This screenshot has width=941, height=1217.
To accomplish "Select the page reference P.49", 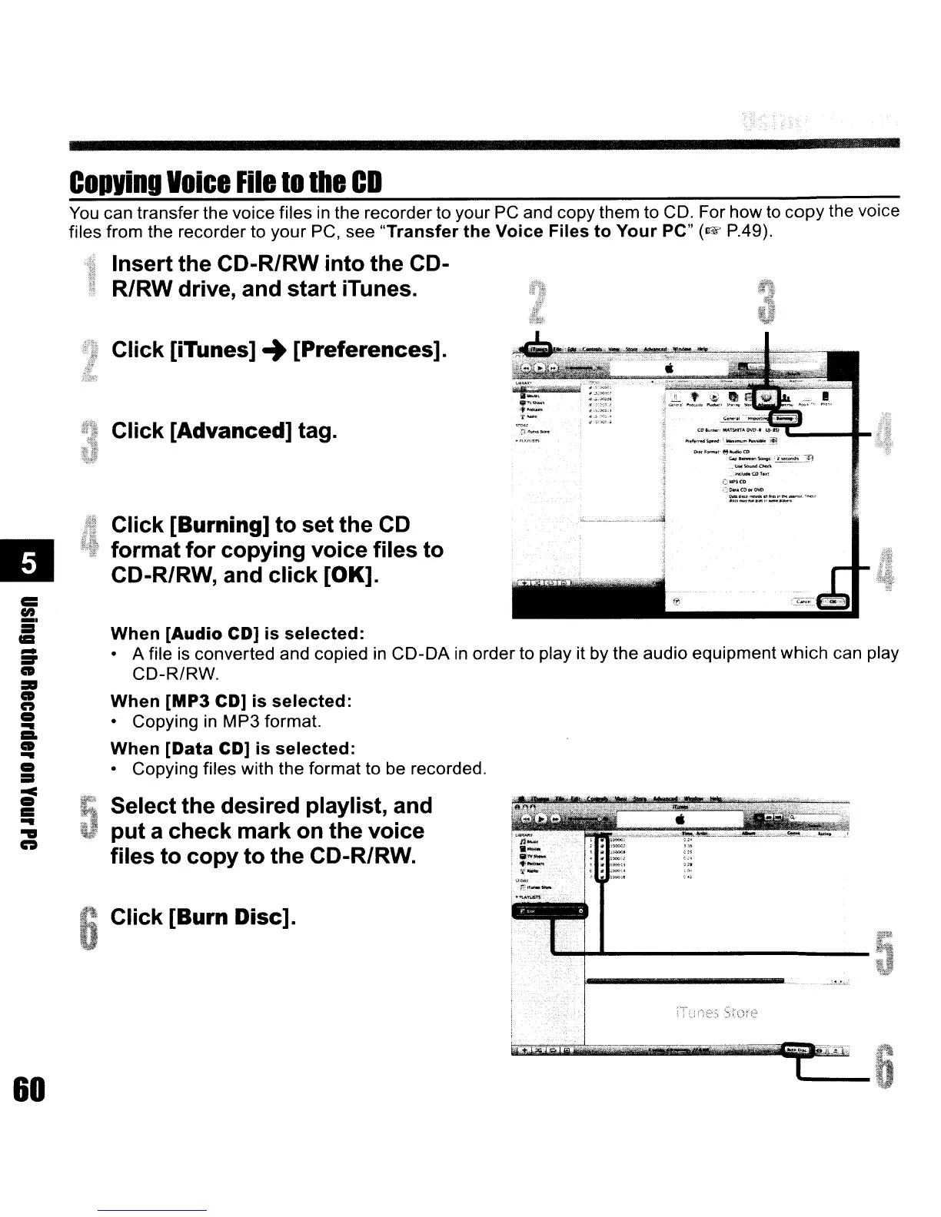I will (740, 231).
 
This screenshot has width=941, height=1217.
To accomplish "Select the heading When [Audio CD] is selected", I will (237, 635).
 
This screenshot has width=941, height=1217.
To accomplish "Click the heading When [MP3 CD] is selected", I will (231, 701).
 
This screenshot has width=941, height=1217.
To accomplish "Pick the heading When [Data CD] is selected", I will (232, 748).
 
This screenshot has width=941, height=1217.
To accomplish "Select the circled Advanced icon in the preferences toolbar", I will (766, 397).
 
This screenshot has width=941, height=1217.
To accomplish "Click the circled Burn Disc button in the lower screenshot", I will (797, 1050).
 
